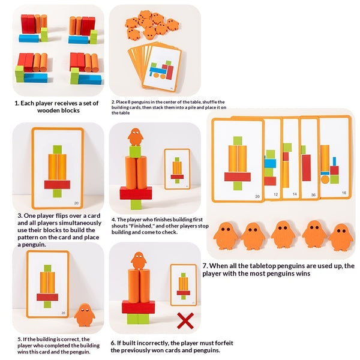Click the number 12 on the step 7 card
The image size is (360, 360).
(x=275, y=195)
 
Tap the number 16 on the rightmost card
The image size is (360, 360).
(x=343, y=193)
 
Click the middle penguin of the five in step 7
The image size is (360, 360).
(x=283, y=234)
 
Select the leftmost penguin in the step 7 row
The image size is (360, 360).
(x=226, y=235)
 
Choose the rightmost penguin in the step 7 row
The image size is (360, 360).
(x=341, y=236)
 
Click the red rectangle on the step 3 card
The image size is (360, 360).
(x=57, y=184)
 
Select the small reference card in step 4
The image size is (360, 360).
(x=177, y=169)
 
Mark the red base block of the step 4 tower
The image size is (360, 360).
(x=136, y=193)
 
